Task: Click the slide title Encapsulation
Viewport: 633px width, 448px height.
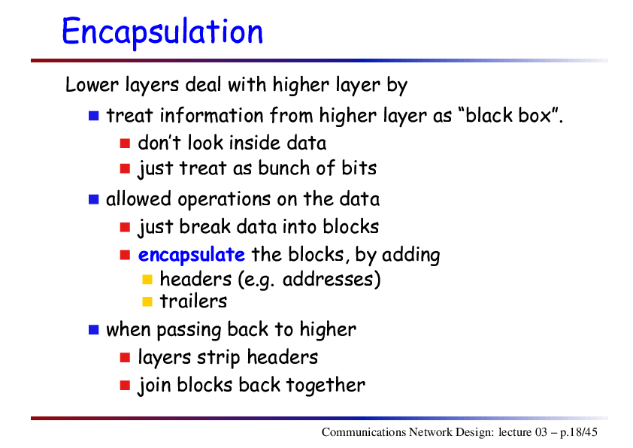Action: [x=162, y=32]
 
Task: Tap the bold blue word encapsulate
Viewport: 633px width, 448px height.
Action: [x=192, y=256]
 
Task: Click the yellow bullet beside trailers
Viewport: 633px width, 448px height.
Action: [x=147, y=301]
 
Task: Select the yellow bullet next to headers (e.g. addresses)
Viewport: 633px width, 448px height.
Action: [x=147, y=280]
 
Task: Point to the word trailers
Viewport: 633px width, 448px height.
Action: [x=193, y=301]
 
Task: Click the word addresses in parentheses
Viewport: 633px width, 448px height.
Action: [x=331, y=280]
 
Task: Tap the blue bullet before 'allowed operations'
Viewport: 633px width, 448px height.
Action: [x=94, y=199]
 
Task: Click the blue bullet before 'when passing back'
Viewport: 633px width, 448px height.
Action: [x=94, y=330]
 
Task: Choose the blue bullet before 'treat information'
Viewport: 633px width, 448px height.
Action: [x=94, y=116]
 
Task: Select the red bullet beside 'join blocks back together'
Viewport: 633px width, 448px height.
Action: [x=125, y=386]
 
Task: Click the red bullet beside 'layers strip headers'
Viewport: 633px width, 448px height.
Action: [x=125, y=358]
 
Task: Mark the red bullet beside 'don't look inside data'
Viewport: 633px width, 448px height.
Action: [x=125, y=144]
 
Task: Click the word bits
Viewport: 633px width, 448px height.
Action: [x=359, y=168]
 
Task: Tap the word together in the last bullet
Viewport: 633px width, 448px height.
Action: [x=326, y=386]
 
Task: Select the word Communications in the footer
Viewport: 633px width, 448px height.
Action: [x=363, y=432]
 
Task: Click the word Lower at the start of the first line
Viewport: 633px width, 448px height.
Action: [x=92, y=85]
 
